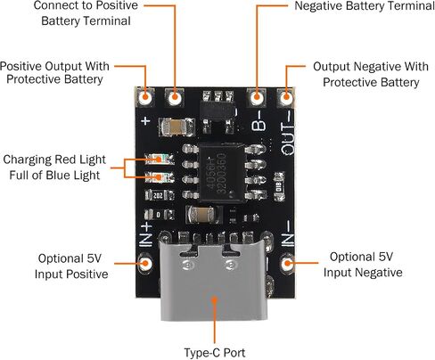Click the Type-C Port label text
(x=215, y=353)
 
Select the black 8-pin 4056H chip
(x=221, y=173)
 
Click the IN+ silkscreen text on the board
(x=145, y=235)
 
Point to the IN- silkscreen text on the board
(x=288, y=233)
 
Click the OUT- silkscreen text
(x=287, y=133)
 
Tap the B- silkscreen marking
(x=258, y=120)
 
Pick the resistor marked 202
(x=159, y=195)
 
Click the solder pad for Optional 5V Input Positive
(x=145, y=263)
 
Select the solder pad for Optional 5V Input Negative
(x=287, y=263)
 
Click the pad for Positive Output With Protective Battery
(x=145, y=97)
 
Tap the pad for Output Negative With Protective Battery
(x=285, y=97)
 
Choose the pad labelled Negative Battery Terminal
(x=257, y=97)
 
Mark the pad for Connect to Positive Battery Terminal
(x=175, y=97)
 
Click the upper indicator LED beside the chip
(x=159, y=159)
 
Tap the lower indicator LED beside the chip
(x=159, y=177)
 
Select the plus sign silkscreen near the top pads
(x=145, y=121)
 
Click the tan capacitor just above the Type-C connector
(x=203, y=215)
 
